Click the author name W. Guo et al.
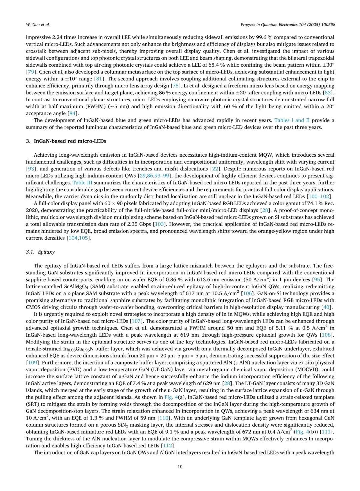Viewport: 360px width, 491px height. tap(38, 25)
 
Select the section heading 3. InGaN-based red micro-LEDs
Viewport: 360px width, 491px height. tap(66, 141)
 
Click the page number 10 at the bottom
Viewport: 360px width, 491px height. tap(180, 466)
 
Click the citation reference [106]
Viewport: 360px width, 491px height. tap(247, 293)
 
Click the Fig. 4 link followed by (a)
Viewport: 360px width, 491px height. tap(173, 397)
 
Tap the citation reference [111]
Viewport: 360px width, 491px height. tap(326, 432)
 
